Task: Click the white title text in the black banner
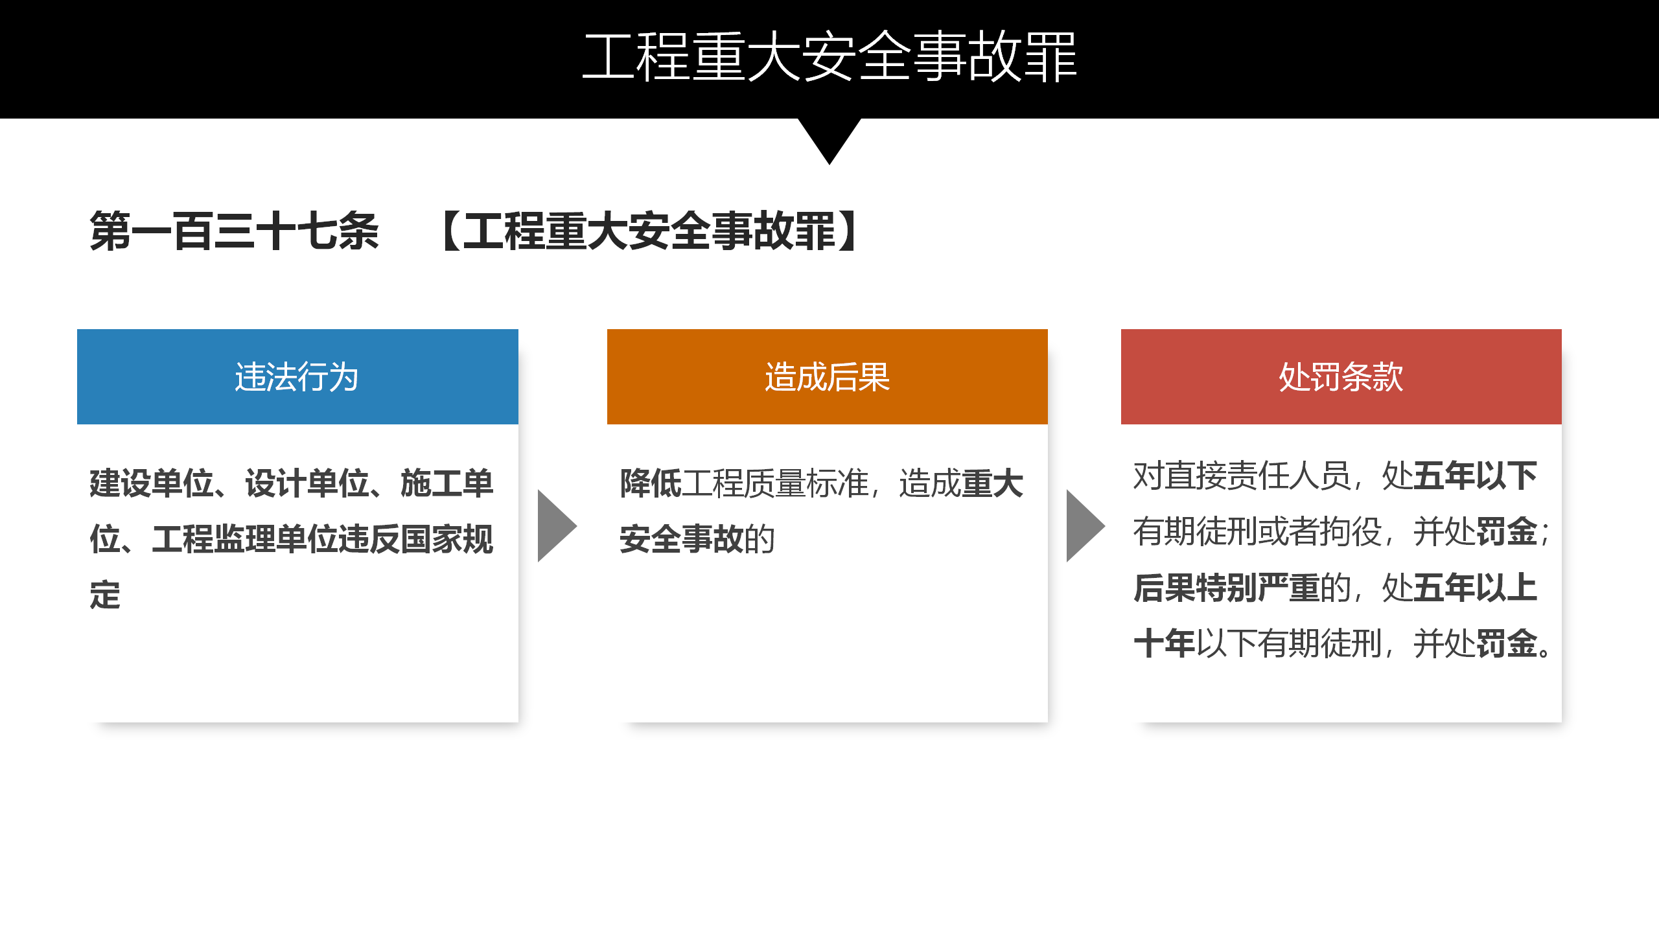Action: (x=829, y=57)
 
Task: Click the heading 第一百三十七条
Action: (x=235, y=231)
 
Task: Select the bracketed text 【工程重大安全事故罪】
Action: (x=649, y=231)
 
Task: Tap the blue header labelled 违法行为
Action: (x=297, y=376)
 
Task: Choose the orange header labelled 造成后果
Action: (x=828, y=376)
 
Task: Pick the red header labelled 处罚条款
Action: (x=1341, y=376)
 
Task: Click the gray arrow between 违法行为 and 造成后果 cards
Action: (x=556, y=525)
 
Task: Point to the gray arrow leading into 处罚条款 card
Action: (x=1085, y=525)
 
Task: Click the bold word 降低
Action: (x=651, y=483)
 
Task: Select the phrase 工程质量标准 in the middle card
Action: (x=775, y=483)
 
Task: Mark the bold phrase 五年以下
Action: (x=1476, y=476)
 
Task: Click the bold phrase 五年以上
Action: (x=1476, y=588)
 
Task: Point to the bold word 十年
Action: (x=1165, y=644)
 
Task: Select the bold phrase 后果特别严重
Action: (x=1227, y=588)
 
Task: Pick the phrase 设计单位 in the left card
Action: (x=307, y=483)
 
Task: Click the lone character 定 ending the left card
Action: (x=105, y=595)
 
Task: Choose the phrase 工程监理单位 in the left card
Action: (x=245, y=539)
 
